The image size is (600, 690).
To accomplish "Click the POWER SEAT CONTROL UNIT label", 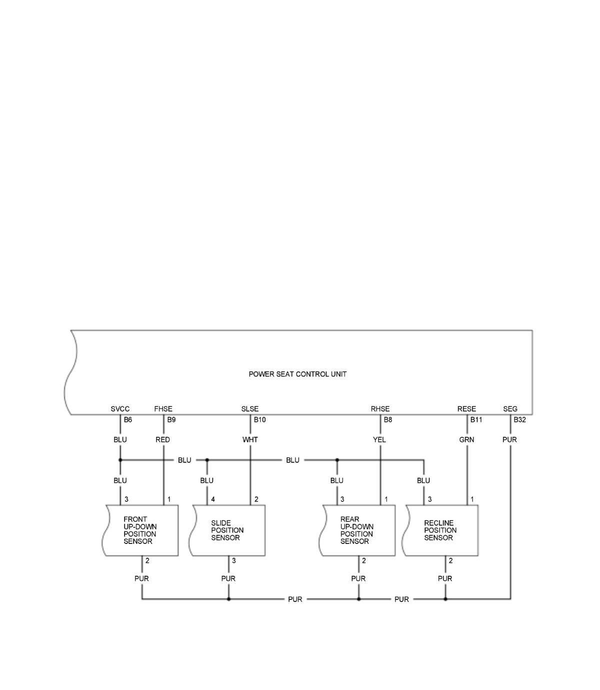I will (x=297, y=374).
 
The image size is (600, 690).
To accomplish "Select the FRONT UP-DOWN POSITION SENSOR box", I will (x=140, y=530).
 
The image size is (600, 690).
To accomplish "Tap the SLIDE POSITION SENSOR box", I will (x=228, y=530).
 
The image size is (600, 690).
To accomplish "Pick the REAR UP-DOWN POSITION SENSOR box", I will (x=357, y=530).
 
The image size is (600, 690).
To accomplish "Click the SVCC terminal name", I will (x=120, y=409).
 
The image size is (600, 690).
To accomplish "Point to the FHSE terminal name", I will (x=163, y=409).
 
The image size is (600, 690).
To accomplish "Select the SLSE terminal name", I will (x=250, y=409).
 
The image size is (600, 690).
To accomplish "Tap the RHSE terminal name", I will (x=380, y=409).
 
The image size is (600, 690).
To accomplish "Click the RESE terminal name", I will (x=466, y=409).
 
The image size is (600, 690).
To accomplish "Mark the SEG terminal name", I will (x=510, y=409).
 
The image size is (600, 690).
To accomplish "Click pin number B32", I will (x=519, y=420).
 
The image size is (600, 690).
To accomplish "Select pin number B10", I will (x=259, y=420).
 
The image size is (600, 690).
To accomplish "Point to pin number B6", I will (x=128, y=420).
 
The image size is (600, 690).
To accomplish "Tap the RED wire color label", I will (x=162, y=440).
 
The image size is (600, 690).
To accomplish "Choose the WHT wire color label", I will (x=250, y=440).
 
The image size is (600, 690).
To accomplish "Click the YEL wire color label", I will (x=379, y=440).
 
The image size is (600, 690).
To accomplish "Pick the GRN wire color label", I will (x=466, y=440).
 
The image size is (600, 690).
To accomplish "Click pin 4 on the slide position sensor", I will (x=213, y=499).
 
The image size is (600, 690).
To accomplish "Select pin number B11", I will (x=476, y=420).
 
